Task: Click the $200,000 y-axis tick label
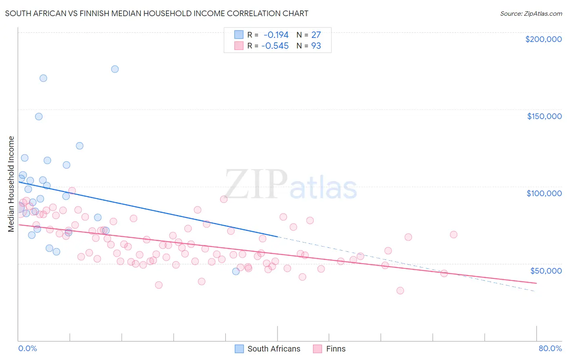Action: click(543, 39)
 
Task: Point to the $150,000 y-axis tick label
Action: click(544, 116)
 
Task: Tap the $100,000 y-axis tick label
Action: click(544, 193)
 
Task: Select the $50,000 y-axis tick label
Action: click(546, 270)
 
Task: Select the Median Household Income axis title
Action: click(11, 184)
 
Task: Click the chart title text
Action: click(156, 13)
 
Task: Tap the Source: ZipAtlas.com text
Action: click(531, 14)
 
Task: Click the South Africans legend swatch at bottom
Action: click(239, 349)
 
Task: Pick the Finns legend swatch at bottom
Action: click(318, 349)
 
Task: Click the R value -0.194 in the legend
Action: click(276, 35)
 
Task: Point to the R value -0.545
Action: click(275, 46)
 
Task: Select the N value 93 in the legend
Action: click(316, 46)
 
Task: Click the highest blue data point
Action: click(115, 69)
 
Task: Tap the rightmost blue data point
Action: click(236, 271)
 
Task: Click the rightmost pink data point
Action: click(453, 234)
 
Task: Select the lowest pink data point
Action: click(400, 291)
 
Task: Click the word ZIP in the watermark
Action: click(256, 184)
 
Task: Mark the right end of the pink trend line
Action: click(536, 283)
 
